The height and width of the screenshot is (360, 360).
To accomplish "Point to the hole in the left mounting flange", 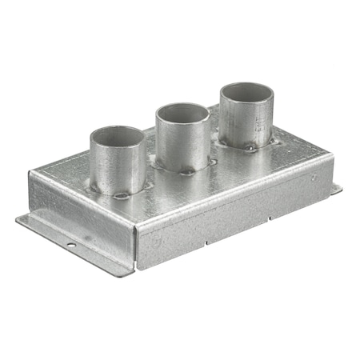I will coord(70,244).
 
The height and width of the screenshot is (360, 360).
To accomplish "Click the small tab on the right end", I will coord(336,190).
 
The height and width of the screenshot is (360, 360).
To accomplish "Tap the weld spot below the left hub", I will coord(122,194).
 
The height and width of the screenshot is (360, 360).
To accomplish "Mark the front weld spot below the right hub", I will coord(250,148).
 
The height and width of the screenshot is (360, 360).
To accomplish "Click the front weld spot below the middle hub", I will coord(186,171).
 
